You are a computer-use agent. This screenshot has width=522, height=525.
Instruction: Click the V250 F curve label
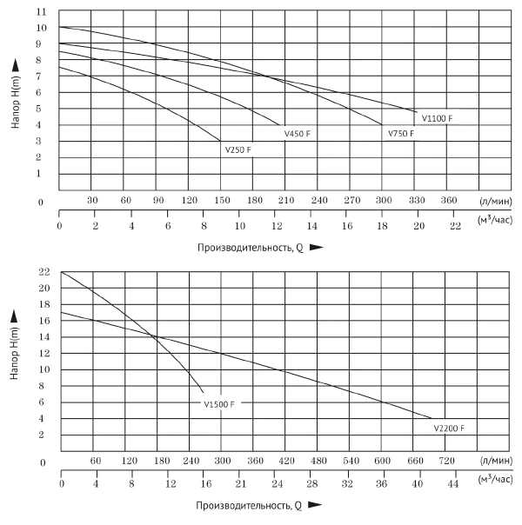(238, 150)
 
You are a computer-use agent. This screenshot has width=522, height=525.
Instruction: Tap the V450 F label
(297, 134)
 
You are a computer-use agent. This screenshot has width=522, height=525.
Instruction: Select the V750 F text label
(401, 134)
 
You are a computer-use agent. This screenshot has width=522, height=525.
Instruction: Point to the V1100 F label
(438, 117)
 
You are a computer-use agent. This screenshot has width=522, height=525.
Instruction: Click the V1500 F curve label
(219, 404)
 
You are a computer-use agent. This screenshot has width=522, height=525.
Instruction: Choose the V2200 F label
(449, 429)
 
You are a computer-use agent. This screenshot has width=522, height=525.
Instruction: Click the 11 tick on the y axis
(41, 11)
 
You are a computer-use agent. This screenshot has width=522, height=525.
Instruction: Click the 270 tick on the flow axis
(351, 200)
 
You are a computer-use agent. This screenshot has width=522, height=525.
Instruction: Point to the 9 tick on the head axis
(41, 43)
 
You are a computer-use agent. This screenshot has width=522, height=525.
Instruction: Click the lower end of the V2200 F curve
(432, 418)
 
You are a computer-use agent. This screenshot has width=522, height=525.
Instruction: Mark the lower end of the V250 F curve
(221, 141)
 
